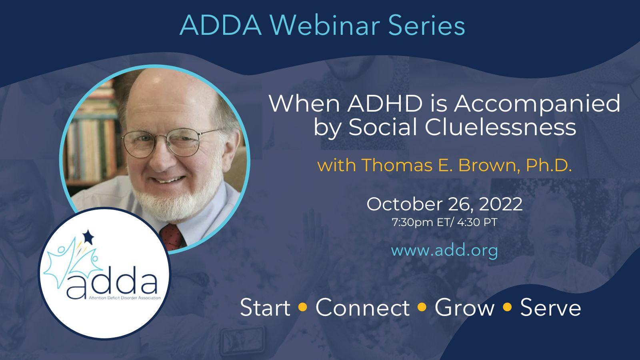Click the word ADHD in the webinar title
pos(384,104)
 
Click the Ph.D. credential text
pos(549,165)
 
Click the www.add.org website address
pos(444,250)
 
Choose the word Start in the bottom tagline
pos(265,308)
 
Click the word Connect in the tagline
pos(362,308)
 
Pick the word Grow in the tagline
pos(464,308)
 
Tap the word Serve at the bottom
pos(550,308)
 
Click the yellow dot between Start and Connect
pos(303,307)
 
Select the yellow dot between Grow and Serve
pos(507,307)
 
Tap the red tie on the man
pos(173,236)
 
